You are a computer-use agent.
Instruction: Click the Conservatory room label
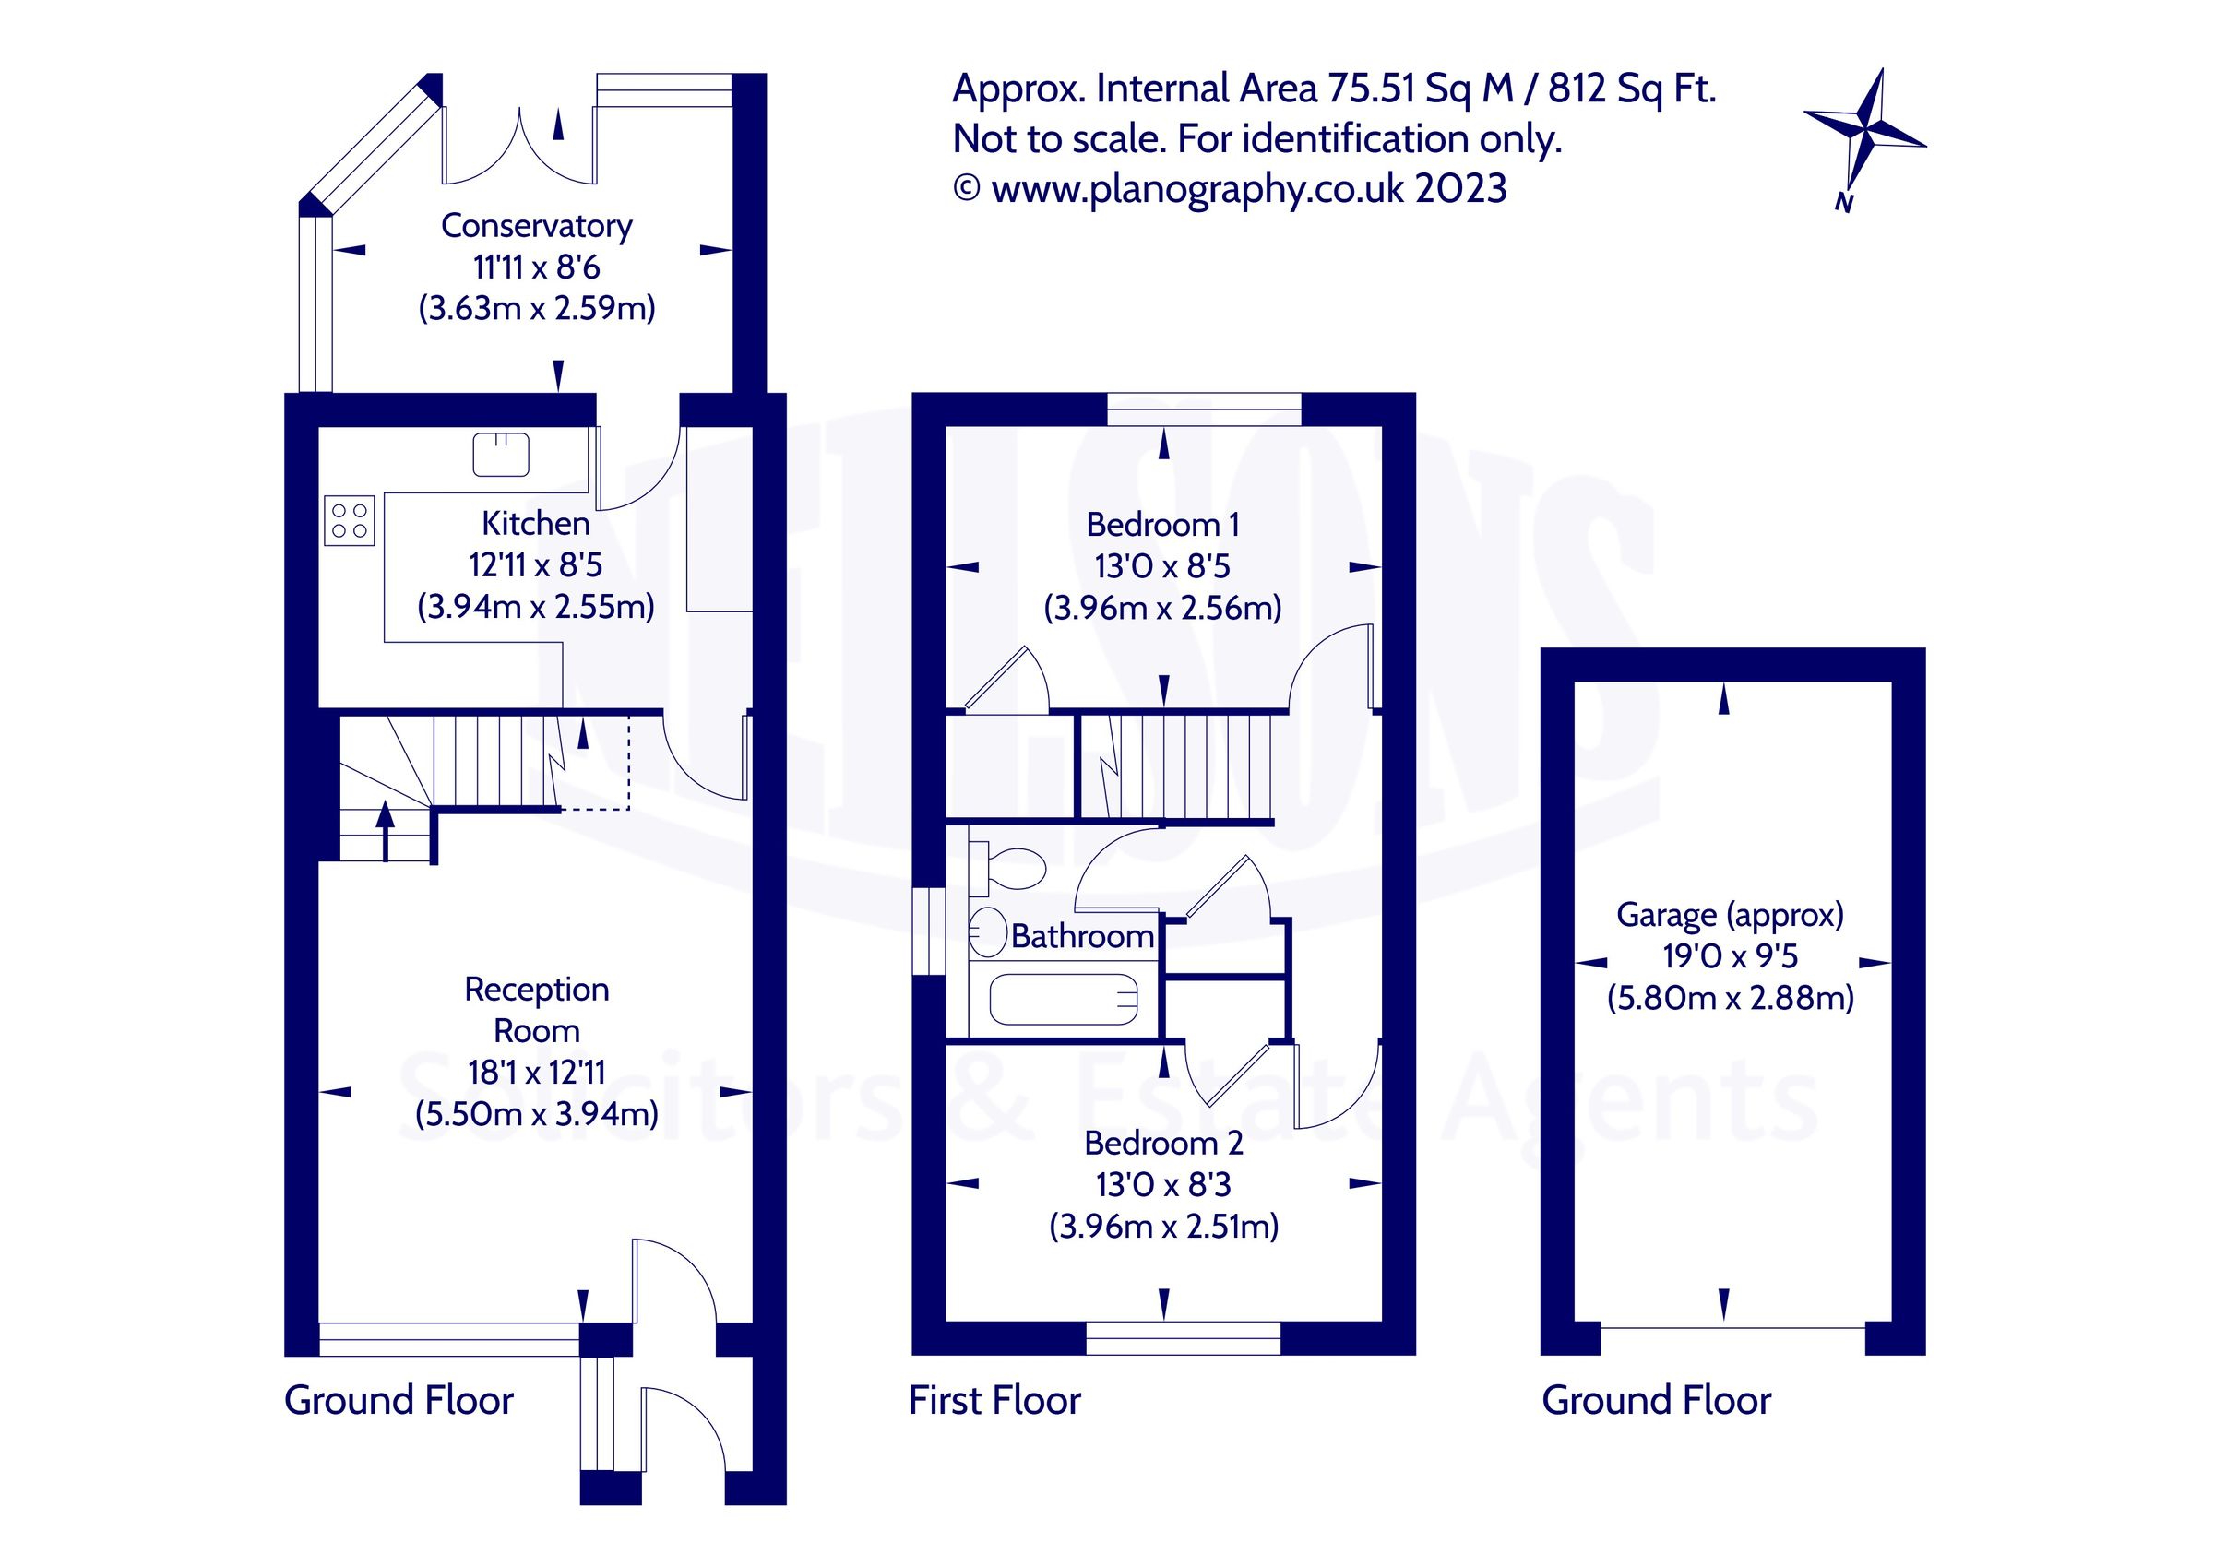[536, 226]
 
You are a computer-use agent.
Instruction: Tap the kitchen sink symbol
[501, 454]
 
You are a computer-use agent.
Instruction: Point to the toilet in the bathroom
[1012, 867]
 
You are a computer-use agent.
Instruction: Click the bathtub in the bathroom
[1064, 999]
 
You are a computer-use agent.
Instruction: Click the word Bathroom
[1082, 935]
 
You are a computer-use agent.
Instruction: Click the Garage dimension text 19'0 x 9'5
[1730, 955]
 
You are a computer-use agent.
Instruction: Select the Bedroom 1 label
[1162, 525]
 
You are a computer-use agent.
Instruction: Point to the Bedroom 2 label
[1163, 1143]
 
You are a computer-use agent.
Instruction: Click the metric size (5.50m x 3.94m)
[536, 1114]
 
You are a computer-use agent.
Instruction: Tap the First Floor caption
[994, 1400]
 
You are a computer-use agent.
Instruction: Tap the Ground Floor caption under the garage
[1656, 1400]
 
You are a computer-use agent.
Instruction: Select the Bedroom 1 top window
[1204, 409]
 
